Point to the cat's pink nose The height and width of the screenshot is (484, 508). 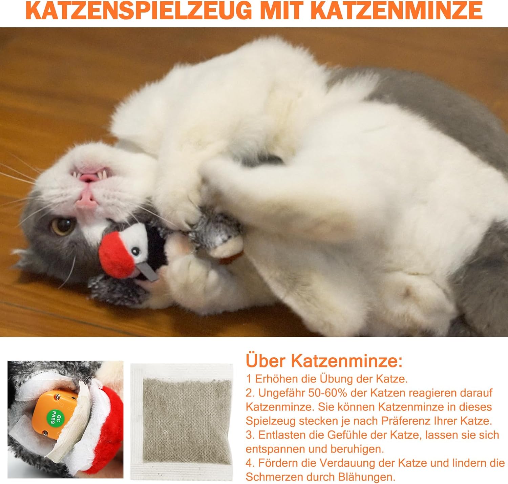click(x=85, y=200)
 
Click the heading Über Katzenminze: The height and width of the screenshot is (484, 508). click(x=324, y=361)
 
